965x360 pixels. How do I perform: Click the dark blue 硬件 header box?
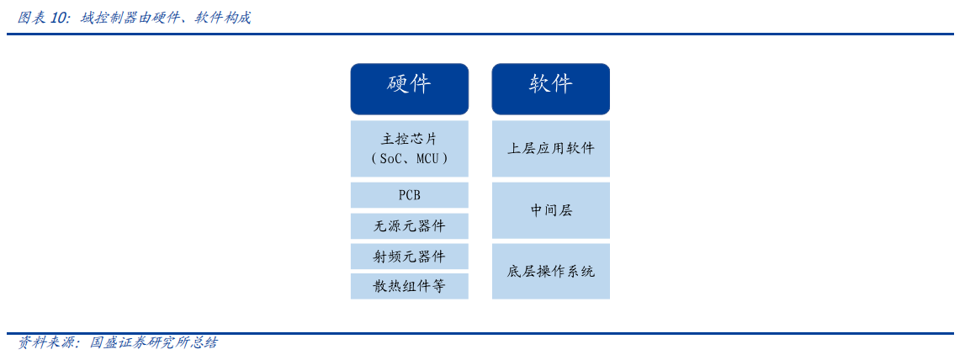click(x=409, y=88)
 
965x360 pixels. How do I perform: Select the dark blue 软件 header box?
click(x=550, y=88)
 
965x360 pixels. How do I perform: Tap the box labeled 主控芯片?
click(x=409, y=148)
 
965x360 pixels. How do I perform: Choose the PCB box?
click(x=409, y=195)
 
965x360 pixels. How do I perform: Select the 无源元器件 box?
click(x=409, y=225)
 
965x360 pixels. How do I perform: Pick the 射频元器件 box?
click(x=409, y=256)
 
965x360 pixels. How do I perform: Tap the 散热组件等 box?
click(x=409, y=286)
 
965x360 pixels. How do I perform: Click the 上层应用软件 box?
click(x=550, y=148)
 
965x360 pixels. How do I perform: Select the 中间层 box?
click(x=550, y=209)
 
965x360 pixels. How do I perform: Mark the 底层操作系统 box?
click(x=550, y=271)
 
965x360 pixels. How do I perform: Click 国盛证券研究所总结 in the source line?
click(x=153, y=342)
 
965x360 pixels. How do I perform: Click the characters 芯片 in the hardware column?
click(x=421, y=139)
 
